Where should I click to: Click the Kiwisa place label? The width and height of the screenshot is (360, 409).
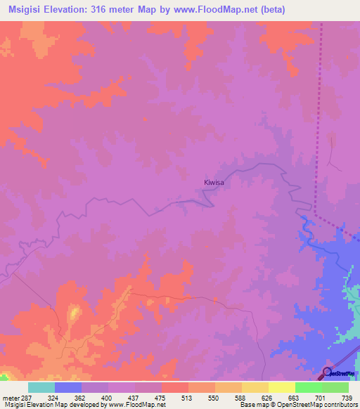[214, 183]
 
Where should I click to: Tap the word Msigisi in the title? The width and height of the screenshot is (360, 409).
[27, 9]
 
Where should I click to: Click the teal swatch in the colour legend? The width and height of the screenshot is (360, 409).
[41, 387]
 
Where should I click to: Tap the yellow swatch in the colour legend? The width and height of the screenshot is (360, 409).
[282, 387]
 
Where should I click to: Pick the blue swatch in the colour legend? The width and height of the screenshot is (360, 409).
[68, 387]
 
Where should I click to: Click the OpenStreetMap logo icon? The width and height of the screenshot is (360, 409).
[328, 372]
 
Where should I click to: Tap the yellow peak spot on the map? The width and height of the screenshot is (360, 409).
[74, 311]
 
